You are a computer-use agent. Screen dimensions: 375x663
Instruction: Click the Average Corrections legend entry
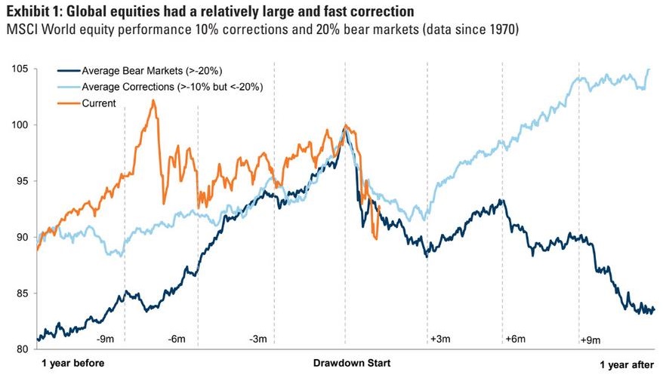[165, 88]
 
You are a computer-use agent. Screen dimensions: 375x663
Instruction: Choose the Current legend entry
[99, 103]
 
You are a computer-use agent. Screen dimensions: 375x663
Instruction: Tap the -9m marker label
[107, 340]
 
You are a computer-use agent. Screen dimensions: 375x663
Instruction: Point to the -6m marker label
[177, 340]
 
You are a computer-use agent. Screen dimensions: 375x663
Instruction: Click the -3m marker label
[258, 340]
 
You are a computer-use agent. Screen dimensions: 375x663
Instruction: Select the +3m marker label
[439, 340]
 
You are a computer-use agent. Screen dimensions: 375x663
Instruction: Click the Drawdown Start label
[353, 364]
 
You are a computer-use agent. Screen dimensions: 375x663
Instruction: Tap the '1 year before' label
[72, 364]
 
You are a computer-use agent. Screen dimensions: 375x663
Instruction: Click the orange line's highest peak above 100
[153, 100]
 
